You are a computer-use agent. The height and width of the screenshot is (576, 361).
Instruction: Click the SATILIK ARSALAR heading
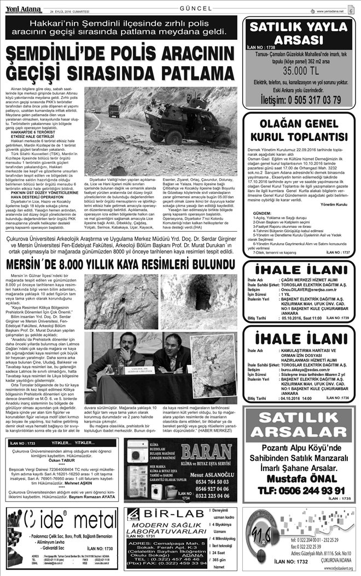[296, 428]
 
